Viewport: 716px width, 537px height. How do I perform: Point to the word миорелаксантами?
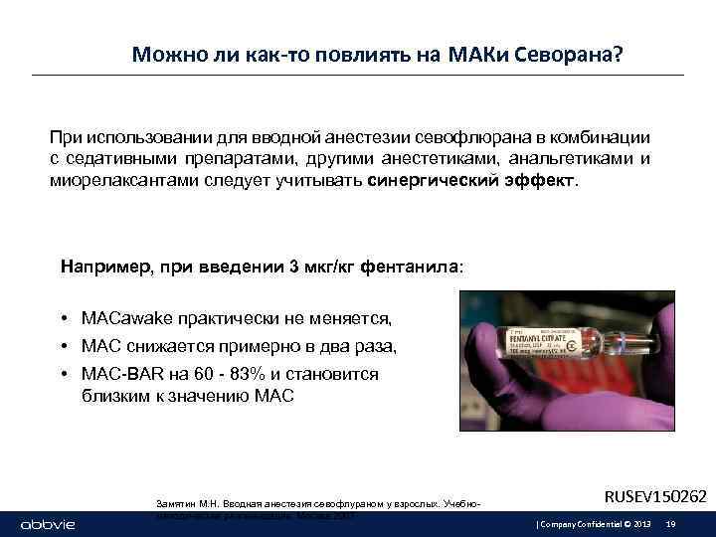[118, 183]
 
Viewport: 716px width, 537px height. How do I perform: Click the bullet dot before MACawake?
[63, 319]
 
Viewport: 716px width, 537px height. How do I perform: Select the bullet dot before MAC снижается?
[63, 346]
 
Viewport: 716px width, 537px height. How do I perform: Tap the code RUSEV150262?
[655, 495]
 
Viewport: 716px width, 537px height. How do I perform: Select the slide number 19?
[671, 523]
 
